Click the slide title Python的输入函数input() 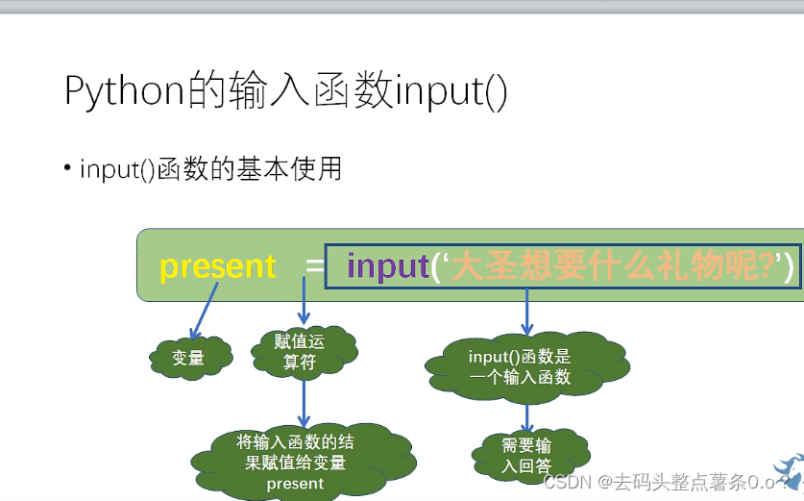(285, 91)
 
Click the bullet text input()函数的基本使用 (210, 170)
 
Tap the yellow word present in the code (218, 266)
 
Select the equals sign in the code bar (314, 266)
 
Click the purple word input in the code (387, 265)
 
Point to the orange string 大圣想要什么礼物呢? (614, 266)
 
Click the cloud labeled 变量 (189, 359)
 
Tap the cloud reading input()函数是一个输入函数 (524, 366)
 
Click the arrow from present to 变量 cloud (204, 314)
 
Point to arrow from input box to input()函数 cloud (526, 313)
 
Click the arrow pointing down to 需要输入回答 (526, 416)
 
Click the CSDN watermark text (663, 482)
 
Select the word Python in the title (124, 91)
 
